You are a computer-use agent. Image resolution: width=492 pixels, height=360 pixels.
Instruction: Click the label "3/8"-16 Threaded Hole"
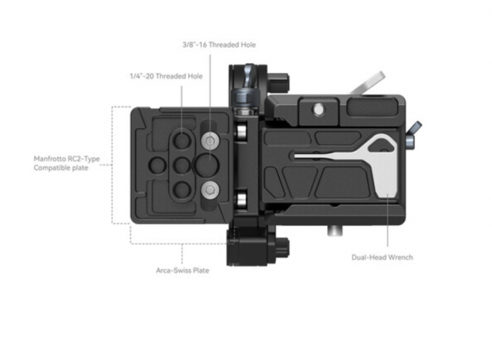218,45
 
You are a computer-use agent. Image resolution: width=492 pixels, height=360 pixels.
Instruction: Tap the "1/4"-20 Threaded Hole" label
166,77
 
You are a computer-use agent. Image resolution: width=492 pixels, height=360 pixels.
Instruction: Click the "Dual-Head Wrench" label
382,257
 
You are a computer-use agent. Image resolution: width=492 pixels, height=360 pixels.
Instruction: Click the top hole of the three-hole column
181,140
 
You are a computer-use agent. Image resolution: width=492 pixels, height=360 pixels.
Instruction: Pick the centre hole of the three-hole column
181,165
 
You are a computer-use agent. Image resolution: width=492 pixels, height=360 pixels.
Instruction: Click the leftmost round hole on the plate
158,165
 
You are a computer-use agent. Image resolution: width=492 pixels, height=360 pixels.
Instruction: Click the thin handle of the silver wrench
326,157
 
